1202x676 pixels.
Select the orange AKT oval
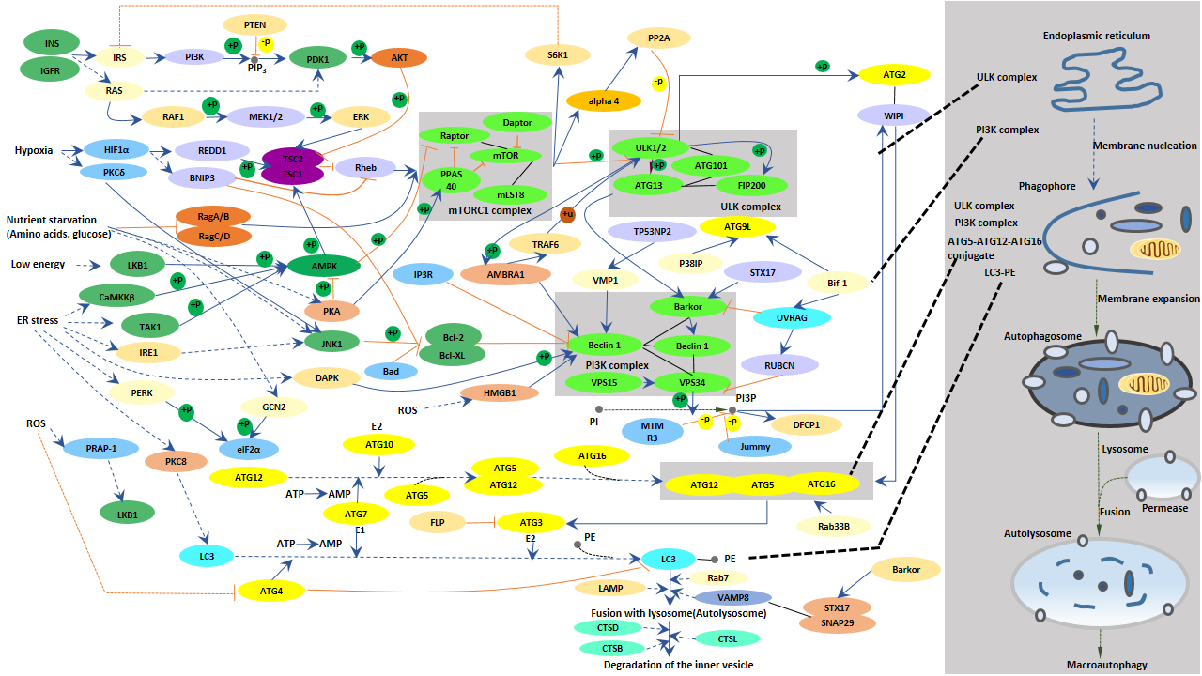(398, 58)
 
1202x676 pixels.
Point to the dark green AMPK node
(324, 266)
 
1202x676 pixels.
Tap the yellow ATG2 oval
(893, 75)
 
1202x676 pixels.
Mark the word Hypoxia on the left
(34, 150)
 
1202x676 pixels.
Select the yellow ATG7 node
(355, 514)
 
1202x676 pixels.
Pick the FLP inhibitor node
(438, 521)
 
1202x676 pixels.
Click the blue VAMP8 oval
(732, 597)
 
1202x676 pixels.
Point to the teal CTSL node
(727, 638)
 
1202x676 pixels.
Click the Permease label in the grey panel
(1164, 508)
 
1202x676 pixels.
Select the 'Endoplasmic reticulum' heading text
(1097, 36)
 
